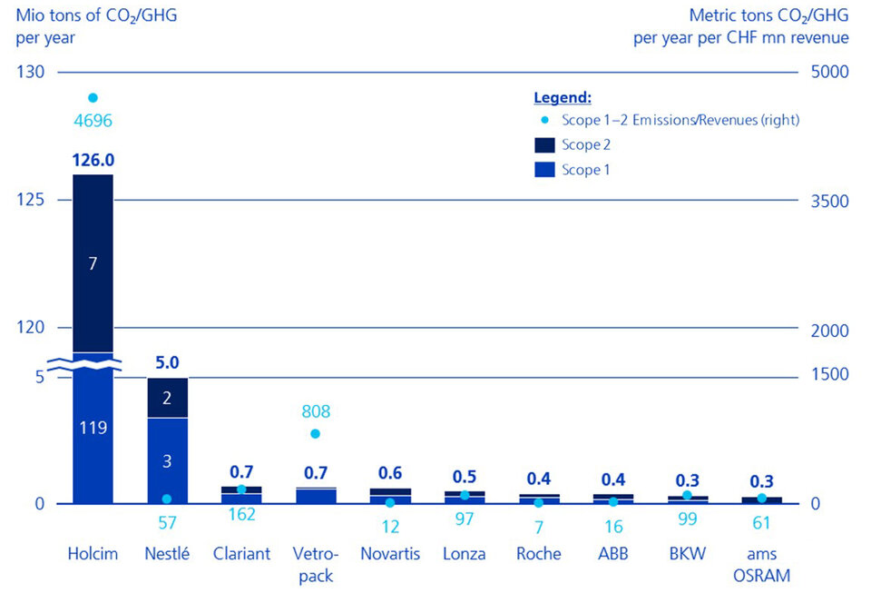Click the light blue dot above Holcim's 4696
point(93,98)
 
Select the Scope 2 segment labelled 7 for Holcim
point(93,263)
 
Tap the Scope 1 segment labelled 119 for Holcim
point(93,428)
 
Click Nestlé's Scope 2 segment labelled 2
point(167,398)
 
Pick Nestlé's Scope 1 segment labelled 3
point(167,460)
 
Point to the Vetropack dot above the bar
point(316,434)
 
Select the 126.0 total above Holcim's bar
point(93,160)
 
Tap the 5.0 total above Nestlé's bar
point(167,362)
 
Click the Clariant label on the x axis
point(241,554)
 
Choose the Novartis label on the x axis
point(390,554)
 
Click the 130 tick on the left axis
point(30,72)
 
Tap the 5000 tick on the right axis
point(830,72)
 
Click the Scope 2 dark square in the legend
point(544,144)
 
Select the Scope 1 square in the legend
point(544,169)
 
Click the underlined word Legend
point(563,97)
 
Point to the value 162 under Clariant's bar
point(241,514)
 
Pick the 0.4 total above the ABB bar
point(613,479)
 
